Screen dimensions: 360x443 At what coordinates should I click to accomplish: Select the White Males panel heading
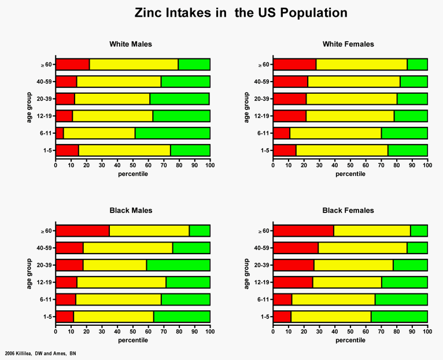[132, 44]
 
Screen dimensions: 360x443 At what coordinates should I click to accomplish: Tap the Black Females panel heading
[349, 211]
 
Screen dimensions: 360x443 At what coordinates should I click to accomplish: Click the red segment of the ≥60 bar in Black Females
[303, 231]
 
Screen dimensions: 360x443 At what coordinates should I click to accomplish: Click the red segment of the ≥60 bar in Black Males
[82, 231]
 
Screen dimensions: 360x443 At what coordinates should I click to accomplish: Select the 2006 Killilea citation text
[40, 352]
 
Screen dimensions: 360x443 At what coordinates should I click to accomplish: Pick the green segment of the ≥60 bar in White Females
[417, 64]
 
